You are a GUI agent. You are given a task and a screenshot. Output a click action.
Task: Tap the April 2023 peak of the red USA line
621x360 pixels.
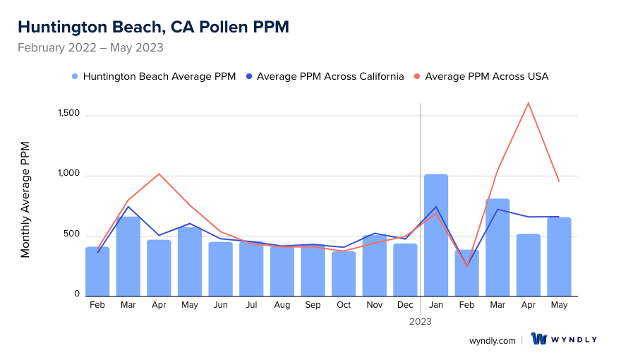pos(528,103)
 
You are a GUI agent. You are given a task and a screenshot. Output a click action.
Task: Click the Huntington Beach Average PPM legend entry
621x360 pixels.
pos(154,76)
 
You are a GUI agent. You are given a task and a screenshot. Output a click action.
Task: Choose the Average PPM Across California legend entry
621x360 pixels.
pos(325,76)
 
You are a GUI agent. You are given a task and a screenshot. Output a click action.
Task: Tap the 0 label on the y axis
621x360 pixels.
pos(77,294)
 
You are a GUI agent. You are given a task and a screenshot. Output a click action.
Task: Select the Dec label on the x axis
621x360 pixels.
pos(405,305)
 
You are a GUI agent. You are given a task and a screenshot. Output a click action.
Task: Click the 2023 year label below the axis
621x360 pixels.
pos(421,321)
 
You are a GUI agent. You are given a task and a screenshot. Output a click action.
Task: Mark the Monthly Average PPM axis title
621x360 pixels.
pos(25,200)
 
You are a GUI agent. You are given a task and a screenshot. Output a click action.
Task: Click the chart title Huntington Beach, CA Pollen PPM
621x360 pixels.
pos(153,27)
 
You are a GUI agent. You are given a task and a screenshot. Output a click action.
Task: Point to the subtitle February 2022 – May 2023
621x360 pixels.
pos(90,48)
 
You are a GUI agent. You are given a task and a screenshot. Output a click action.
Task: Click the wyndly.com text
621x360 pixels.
pos(492,340)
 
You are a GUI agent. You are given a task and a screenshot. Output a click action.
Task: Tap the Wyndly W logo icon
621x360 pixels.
pos(539,340)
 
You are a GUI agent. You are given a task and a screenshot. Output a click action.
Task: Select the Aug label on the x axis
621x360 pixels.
pos(282,305)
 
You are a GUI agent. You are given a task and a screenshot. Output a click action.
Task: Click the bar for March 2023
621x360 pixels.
pos(498,248)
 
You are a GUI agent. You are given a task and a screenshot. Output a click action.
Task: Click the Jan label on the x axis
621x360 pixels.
pos(436,305)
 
